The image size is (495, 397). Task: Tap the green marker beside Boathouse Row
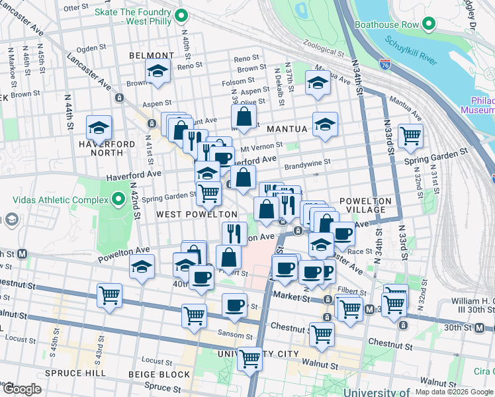tap(429, 25)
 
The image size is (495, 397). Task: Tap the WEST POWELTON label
tap(197, 214)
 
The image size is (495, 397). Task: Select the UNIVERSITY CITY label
tap(259, 354)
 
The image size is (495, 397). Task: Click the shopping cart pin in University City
tap(249, 359)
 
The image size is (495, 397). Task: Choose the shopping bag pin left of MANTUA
tap(244, 117)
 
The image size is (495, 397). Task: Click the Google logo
tap(22, 389)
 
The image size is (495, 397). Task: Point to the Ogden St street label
tap(88, 48)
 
